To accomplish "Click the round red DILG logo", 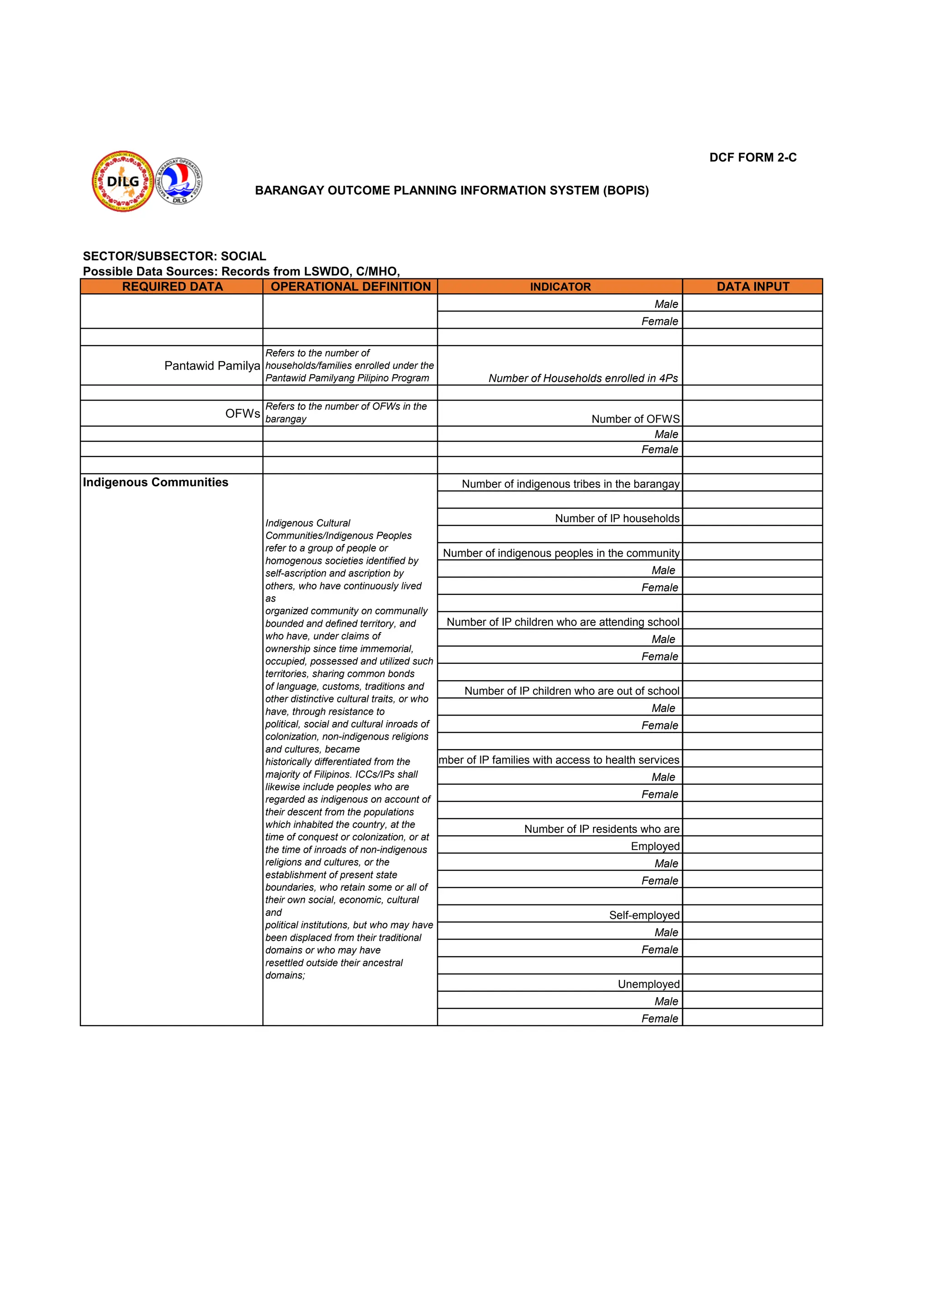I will coord(123,182).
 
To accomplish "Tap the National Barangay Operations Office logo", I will coord(179,181).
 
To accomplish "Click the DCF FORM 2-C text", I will coord(752,158).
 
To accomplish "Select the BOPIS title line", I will coord(452,190).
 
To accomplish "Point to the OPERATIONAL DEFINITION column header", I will coord(351,287).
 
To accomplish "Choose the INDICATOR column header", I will coord(559,287).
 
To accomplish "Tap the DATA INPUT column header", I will coord(752,287).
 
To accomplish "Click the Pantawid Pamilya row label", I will coord(212,366).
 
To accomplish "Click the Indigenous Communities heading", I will coord(155,482).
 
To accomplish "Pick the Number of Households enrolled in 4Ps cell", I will coord(583,378).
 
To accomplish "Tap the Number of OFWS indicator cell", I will coord(635,419).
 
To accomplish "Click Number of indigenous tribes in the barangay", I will coord(570,484).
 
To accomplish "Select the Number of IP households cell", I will coord(617,518).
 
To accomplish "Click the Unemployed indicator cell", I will coord(648,984).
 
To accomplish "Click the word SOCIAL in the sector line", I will coord(243,256).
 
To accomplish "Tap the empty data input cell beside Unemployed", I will coord(752,983).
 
